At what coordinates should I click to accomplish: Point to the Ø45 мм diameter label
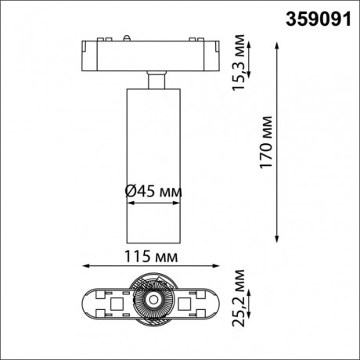[154, 190]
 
